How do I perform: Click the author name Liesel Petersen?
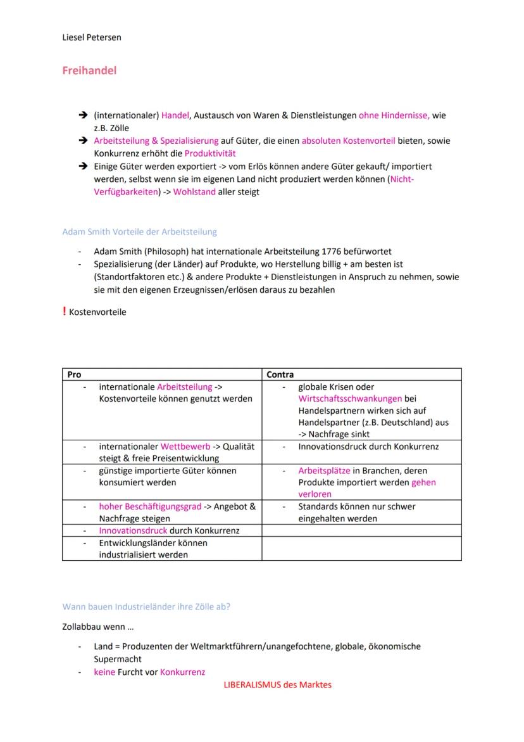pos(91,37)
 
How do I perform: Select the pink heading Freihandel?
pos(89,71)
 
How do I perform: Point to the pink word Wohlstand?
pos(194,192)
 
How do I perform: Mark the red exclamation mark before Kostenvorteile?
pos(64,311)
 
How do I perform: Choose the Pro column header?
pos(75,374)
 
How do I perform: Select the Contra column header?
pos(280,374)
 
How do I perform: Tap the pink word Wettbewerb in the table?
pos(185,447)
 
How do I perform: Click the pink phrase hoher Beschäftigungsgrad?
pos(150,507)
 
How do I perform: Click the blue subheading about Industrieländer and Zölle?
pos(146,606)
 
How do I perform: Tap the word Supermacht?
pos(118,659)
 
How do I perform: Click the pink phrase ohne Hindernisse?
pos(394,116)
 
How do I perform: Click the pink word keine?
pos(104,672)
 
